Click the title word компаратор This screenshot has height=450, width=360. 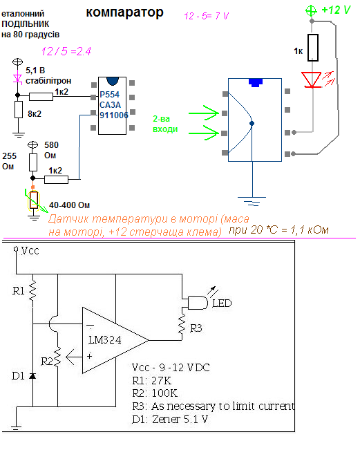(x=125, y=12)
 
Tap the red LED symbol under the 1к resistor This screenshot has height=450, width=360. (x=312, y=79)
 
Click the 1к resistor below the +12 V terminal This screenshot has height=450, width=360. (x=313, y=48)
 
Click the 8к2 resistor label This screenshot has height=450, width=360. (x=35, y=114)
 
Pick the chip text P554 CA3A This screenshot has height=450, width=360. (x=110, y=100)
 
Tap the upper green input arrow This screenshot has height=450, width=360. (x=204, y=113)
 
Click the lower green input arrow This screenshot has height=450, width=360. (x=204, y=133)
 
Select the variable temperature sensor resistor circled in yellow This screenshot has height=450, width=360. (x=34, y=200)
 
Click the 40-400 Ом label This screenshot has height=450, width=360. (x=69, y=205)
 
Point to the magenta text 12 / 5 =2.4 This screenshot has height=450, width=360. (x=66, y=51)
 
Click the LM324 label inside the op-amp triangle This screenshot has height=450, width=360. (x=105, y=340)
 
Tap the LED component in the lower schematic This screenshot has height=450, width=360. (x=198, y=303)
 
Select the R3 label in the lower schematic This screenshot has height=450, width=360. (x=196, y=328)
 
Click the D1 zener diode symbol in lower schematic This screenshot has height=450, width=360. (x=32, y=375)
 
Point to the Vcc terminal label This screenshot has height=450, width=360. (x=30, y=251)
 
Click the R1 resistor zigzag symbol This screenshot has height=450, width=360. (x=32, y=290)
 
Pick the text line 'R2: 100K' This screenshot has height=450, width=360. (x=155, y=393)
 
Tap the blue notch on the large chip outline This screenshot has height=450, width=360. (x=255, y=82)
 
